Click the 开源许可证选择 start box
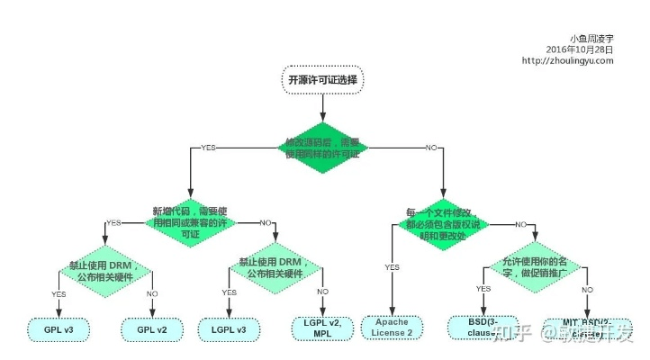tap(322, 79)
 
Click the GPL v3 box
tap(59, 329)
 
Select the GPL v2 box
tap(153, 329)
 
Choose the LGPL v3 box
tap(229, 329)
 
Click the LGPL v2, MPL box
tap(322, 328)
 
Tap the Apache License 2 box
tap(393, 328)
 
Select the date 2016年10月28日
tap(580, 49)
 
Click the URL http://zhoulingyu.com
tap(568, 60)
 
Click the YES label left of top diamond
tap(209, 147)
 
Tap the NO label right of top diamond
tap(431, 147)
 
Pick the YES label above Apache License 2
tap(393, 267)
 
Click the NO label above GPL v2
tap(153, 293)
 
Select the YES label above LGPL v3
tap(229, 292)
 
